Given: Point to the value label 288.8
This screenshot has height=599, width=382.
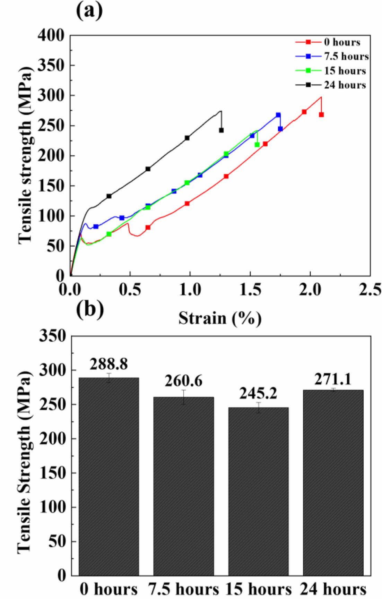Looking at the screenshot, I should tap(109, 364).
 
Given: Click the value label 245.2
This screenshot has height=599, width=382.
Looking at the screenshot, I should tap(258, 393).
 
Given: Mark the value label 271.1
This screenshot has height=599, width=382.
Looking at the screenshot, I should tap(333, 379).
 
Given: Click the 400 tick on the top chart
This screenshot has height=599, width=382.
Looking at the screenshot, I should tap(51, 35).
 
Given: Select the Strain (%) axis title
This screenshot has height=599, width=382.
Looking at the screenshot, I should tap(220, 318).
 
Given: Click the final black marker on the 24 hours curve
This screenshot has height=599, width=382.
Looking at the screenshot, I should tap(221, 130).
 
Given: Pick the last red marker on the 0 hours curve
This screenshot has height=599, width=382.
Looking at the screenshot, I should tap(321, 114).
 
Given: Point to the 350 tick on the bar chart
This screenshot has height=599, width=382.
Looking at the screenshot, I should tap(52, 336).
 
